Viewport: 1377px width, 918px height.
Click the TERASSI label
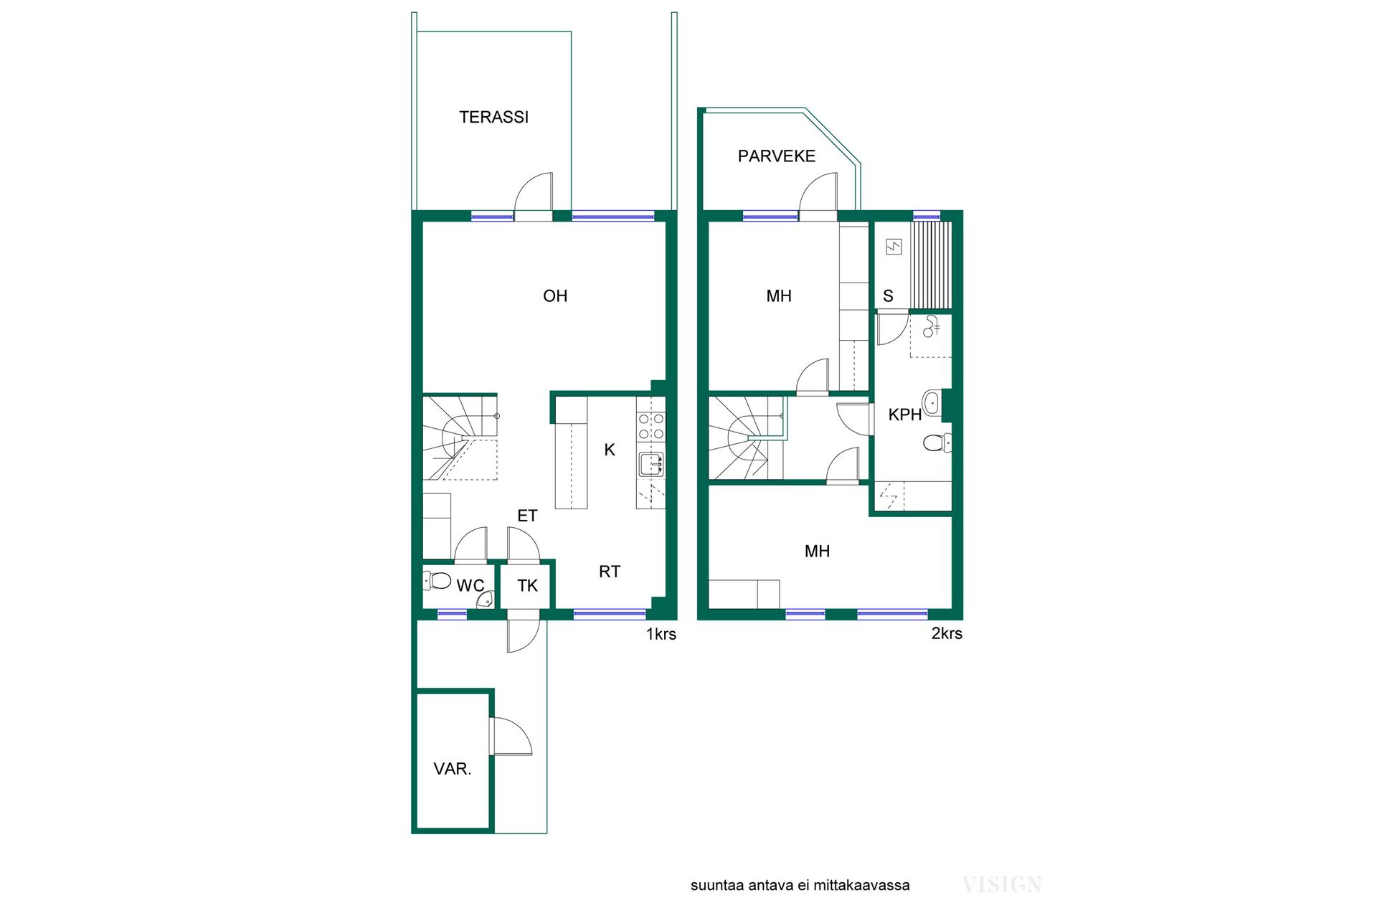point(493,117)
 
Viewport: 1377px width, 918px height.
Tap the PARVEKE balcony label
point(777,156)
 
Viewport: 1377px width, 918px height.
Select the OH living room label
point(555,296)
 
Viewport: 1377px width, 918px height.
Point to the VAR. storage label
point(453,769)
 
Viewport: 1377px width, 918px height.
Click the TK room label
point(527,586)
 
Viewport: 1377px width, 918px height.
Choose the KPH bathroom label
point(905,415)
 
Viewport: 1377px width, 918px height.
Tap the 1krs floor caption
point(661,634)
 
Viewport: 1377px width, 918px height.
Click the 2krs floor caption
point(947,633)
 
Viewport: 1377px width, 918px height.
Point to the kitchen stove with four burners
point(651,427)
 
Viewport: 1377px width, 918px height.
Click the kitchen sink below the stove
point(651,465)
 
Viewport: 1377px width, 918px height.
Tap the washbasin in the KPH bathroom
point(932,403)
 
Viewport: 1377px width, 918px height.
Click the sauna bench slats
point(931,265)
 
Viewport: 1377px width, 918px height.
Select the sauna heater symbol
point(894,247)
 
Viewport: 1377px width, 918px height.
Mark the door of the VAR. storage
point(511,737)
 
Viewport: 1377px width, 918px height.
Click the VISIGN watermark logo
point(1002,884)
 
